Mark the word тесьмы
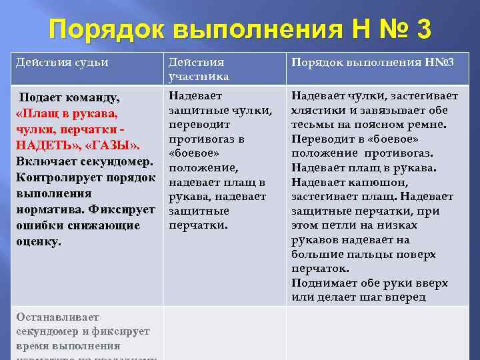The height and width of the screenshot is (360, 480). (x=311, y=124)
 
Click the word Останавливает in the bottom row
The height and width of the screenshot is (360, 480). (x=57, y=317)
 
